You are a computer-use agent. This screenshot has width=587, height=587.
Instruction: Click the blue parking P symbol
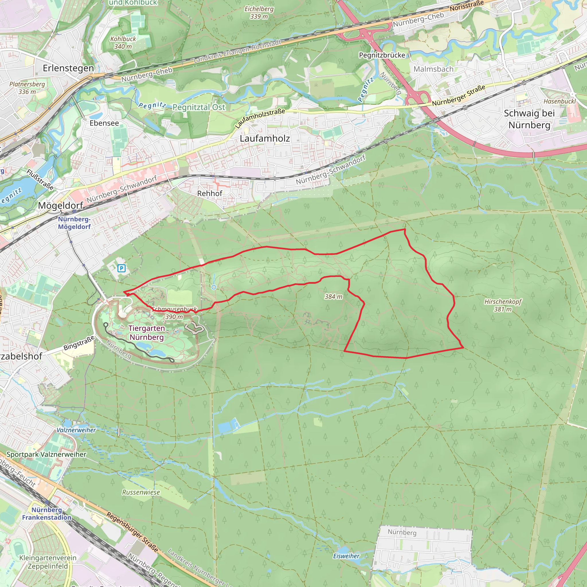pos(121,268)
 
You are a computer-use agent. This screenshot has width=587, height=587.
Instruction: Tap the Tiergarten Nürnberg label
pos(146,333)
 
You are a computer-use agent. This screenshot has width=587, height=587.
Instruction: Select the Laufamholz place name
pos(265,138)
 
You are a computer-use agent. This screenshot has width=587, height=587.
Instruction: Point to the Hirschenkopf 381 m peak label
pos(503,305)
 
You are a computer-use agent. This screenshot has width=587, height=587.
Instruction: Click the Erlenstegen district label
pos(69,68)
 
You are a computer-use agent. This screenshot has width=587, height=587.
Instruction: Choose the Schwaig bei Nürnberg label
pos(529,119)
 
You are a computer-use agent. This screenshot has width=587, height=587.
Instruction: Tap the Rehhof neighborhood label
pos(210,193)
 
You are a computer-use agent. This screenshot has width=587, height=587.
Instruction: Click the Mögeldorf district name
pos(60,206)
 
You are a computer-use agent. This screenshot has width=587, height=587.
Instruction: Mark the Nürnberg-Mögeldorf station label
pos(74,223)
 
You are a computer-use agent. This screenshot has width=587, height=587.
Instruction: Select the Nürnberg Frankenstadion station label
pos(47,513)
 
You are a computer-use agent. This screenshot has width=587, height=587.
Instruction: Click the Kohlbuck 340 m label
pos(123,42)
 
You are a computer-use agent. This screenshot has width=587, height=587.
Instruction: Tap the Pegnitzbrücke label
pos(382,55)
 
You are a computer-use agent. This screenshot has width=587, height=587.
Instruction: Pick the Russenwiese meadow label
pos(141,492)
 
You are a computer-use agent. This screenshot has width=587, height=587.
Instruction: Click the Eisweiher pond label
pos(346,556)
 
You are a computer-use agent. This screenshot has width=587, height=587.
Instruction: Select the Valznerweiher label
pos(76,430)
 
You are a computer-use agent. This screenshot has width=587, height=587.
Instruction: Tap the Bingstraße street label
pos(79,344)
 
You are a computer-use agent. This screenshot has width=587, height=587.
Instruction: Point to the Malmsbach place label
pos(433,69)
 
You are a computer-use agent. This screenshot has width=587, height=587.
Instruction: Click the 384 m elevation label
pos(333,297)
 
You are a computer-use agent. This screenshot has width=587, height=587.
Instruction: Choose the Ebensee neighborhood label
pos(104,123)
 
